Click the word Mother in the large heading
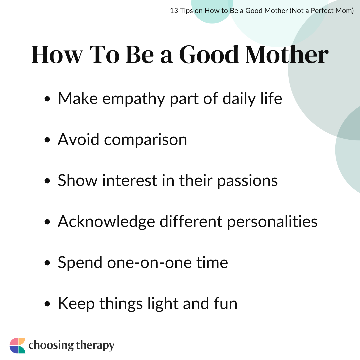pos(287,54)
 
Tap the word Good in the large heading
pos(209,54)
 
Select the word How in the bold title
pos(57,54)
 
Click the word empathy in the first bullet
pos(134,99)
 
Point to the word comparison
pos(146,140)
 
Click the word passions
pos(247,181)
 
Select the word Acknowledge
pos(106,222)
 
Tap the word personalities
pos(272,222)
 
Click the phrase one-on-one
pos(149,262)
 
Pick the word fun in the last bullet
pos(226,303)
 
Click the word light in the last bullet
pos(163,304)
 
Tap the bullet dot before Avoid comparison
pos(47,140)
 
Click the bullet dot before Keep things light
pos(47,304)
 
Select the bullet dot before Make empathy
pos(47,99)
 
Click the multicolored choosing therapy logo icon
pos(17,345)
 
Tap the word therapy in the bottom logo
pos(95,346)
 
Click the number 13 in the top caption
pos(174,11)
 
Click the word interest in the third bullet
pos(130,181)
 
